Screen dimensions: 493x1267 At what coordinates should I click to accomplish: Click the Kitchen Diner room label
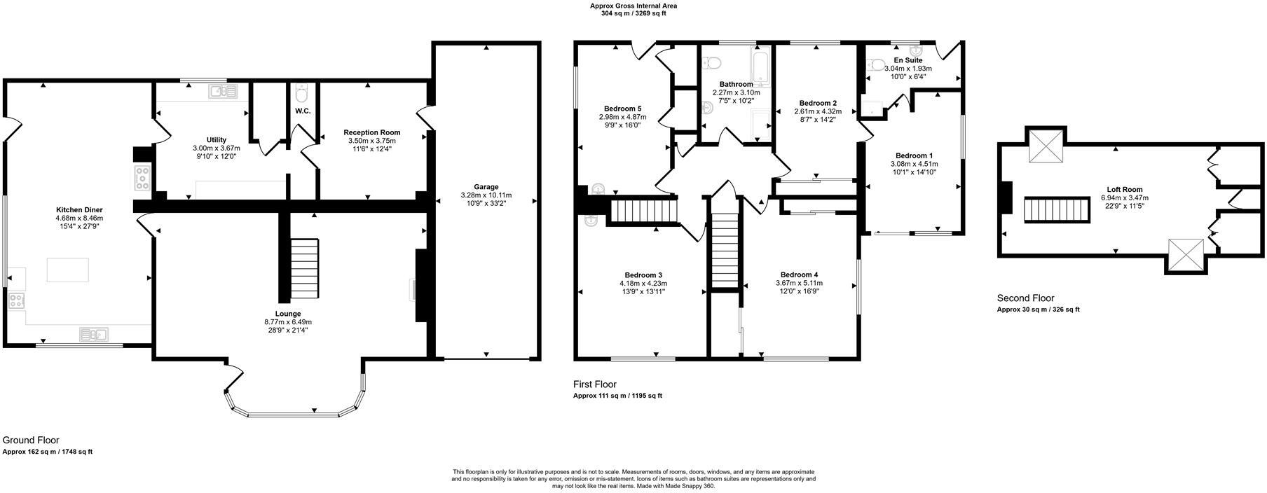coord(79,209)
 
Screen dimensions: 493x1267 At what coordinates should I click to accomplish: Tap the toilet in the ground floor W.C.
coord(302,93)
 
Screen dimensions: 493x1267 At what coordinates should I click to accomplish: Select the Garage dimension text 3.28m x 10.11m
coord(486,195)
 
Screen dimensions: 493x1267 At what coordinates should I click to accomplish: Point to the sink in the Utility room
coord(225,91)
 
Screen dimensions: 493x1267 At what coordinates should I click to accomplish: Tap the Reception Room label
coord(371,132)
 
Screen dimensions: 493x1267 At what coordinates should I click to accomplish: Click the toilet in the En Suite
coord(875,66)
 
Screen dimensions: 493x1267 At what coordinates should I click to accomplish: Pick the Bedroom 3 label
coord(643,275)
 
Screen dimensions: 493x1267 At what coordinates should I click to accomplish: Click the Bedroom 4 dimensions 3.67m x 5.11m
coord(799,283)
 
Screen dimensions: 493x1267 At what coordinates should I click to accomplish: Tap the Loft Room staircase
coord(1057,209)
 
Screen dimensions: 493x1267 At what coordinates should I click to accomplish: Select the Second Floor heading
coord(1025,298)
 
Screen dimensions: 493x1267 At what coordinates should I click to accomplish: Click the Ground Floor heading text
coord(30,440)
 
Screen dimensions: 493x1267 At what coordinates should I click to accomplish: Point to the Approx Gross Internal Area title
coord(633,6)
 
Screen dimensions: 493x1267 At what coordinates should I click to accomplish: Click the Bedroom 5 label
coord(622,109)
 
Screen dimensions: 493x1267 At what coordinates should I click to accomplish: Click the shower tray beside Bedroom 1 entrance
coord(874,109)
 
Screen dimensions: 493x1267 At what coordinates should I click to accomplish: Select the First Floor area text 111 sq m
coord(616,396)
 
